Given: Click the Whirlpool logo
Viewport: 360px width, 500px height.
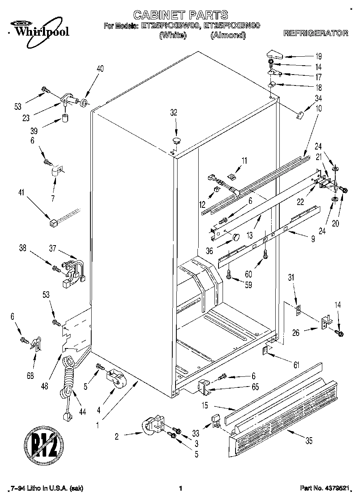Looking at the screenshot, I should [x=39, y=29].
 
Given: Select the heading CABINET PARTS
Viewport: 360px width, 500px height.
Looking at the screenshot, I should [x=180, y=15].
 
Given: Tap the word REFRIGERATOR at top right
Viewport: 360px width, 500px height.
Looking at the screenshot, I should [x=316, y=33].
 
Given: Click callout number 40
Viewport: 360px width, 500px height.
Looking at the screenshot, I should [x=100, y=69].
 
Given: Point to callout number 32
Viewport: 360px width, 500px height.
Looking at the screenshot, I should [x=174, y=113].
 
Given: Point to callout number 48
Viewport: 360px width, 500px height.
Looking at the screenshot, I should [x=45, y=386].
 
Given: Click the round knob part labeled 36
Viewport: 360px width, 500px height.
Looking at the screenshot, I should [x=235, y=237].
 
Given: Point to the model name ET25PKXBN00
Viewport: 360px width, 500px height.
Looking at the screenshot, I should [x=231, y=26].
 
